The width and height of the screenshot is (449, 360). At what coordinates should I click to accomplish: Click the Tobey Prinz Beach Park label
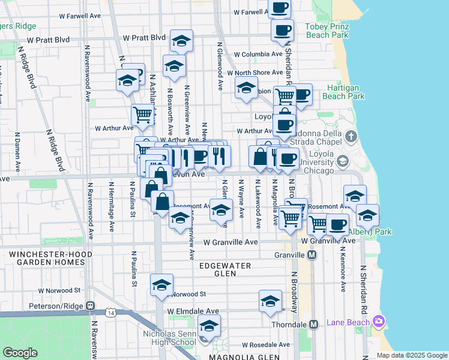coord(327,31)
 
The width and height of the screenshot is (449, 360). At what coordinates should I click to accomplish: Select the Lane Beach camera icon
coord(378,322)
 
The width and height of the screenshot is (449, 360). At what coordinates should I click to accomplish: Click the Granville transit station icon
coord(312,255)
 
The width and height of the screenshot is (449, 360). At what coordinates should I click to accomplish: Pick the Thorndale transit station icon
coord(313,324)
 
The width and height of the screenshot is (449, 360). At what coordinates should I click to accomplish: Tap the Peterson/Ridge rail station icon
coord(91,306)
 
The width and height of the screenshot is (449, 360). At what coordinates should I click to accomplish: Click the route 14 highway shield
coord(110,313)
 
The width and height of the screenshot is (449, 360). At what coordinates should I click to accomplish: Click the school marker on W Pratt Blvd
coord(181,41)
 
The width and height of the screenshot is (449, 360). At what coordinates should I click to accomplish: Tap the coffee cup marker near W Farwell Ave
coord(279,8)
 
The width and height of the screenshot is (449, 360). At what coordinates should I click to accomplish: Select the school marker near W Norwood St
coord(161,286)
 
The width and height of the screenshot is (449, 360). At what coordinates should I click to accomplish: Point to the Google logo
coord(20,352)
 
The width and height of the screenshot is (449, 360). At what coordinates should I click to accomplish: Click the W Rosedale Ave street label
coord(265,345)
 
